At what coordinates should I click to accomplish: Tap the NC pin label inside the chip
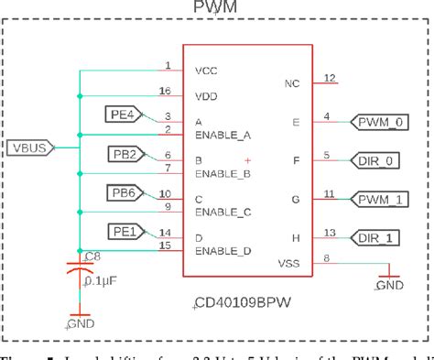(x=292, y=83)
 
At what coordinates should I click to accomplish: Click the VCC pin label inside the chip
(x=206, y=71)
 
